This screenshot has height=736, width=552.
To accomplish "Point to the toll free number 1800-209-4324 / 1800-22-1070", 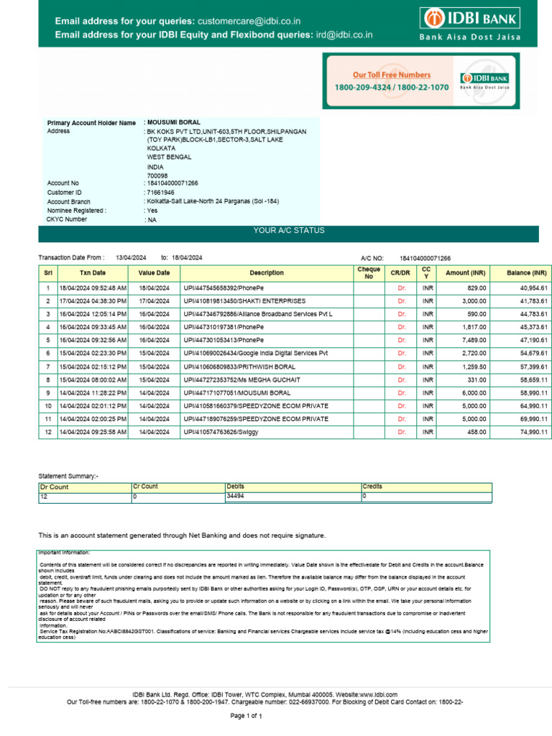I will [391, 87].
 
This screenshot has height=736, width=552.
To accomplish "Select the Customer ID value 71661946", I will [160, 193].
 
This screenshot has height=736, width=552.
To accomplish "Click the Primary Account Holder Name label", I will [91, 123].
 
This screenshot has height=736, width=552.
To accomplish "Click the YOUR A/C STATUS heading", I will [289, 231].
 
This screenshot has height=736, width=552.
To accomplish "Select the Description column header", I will [267, 273].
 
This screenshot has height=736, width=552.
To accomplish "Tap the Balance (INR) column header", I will [526, 273].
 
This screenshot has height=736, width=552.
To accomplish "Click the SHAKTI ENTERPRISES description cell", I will [244, 301].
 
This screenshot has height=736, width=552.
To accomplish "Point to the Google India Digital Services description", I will [255, 354].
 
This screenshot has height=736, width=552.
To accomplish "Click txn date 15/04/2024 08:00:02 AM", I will [93, 379].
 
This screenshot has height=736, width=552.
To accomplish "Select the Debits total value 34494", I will [235, 496].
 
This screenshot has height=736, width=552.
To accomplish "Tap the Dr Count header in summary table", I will [53, 487].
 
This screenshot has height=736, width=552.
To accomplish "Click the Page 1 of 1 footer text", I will [246, 717].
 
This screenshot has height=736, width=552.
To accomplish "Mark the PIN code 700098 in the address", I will [157, 175].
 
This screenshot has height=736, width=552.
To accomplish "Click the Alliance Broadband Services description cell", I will [257, 314].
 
